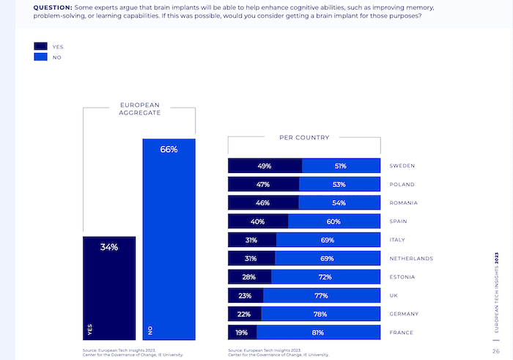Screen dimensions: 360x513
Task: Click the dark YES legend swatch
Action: coord(40,46)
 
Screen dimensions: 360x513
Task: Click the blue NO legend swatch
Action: coord(40,56)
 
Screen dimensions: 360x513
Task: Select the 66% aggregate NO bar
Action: coord(169,239)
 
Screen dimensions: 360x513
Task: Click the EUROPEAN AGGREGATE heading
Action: coord(140,109)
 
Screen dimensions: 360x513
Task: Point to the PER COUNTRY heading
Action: coord(304,137)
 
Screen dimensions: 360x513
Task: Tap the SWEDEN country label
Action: coord(402,166)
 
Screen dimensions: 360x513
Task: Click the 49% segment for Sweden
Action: coord(265,166)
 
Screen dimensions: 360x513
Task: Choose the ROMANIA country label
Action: coord(405,203)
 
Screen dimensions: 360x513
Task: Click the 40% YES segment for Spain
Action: coord(258,221)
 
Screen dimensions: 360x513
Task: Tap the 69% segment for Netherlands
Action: coord(328,258)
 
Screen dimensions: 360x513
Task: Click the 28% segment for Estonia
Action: coord(249,276)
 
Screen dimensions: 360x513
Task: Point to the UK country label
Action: coord(394,295)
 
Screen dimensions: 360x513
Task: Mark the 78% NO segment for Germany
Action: coord(321,314)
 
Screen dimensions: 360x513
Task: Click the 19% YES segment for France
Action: coord(243,332)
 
